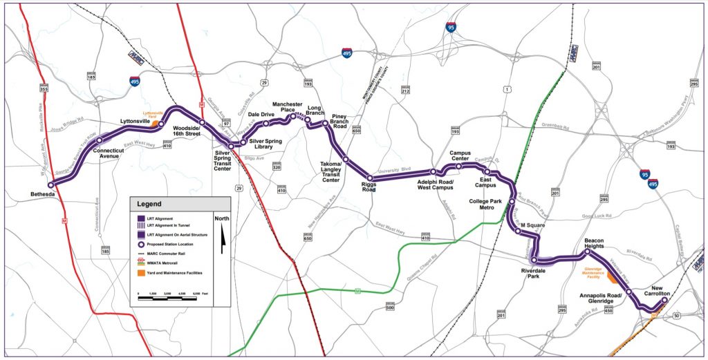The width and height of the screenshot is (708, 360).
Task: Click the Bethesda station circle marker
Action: tap(50, 184)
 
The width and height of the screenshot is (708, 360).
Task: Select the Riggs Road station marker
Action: tap(370, 178)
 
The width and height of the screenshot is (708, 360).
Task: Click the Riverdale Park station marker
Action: tap(534, 260)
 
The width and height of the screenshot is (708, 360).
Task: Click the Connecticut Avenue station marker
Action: tap(100, 140)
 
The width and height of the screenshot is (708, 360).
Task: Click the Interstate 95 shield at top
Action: tap(451, 28)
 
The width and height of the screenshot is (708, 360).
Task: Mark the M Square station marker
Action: tap(518, 231)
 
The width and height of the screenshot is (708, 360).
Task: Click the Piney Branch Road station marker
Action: tap(325, 123)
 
